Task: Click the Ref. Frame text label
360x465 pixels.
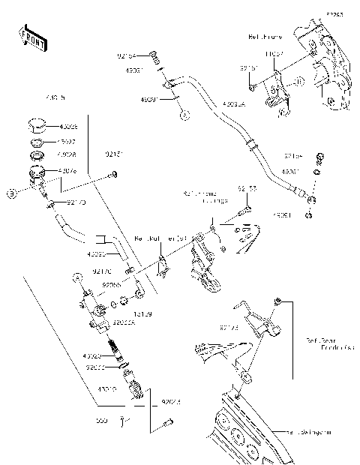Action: [x=263, y=35]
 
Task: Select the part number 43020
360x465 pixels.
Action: [x=95, y=356]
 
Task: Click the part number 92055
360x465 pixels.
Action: [x=111, y=285]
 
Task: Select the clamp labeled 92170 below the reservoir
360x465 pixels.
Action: [x=51, y=204]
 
